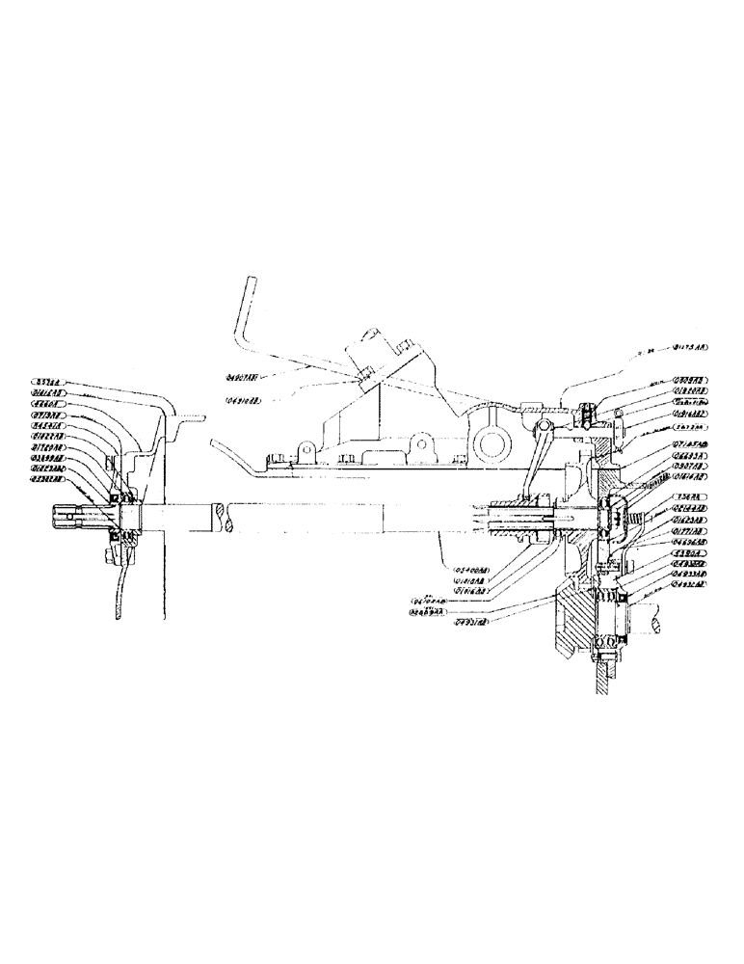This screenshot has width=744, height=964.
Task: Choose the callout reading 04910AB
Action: [248, 401]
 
